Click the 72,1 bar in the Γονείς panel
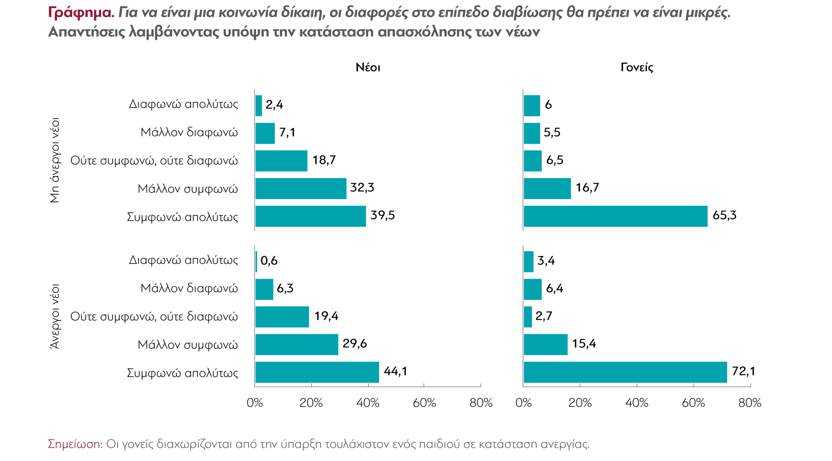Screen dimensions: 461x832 pyautogui.click(x=625, y=372)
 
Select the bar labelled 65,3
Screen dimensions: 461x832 pyautogui.click(x=615, y=216)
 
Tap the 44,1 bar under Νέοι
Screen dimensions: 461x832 pyautogui.click(x=317, y=372)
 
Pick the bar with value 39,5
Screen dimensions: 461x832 pyautogui.click(x=310, y=216)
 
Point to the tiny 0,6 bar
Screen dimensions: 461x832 pyautogui.click(x=256, y=262)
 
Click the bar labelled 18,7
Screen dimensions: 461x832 pyautogui.click(x=281, y=161)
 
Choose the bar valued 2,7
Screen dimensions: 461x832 pyautogui.click(x=528, y=317)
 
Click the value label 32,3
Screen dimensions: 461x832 pyautogui.click(x=362, y=187)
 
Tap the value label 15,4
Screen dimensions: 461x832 pyautogui.click(x=584, y=344)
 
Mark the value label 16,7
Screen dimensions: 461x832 pyautogui.click(x=587, y=187)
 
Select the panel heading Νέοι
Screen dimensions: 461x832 pyautogui.click(x=368, y=67)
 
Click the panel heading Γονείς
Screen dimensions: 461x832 pyautogui.click(x=637, y=67)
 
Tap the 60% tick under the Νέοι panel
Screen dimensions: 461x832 pyautogui.click(x=424, y=403)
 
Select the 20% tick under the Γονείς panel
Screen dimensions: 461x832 pyautogui.click(x=580, y=403)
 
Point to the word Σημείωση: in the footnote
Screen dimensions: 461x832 pyautogui.click(x=76, y=444)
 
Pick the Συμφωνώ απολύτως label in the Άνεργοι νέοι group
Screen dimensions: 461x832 pyautogui.click(x=182, y=373)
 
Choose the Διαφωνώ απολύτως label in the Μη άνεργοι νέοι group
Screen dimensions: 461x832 pyautogui.click(x=183, y=104)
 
